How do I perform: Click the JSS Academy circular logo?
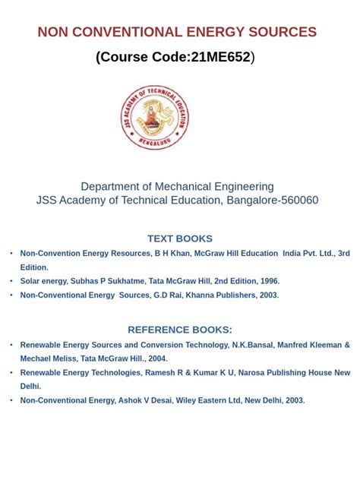(x=154, y=117)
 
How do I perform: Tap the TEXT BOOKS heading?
(x=180, y=238)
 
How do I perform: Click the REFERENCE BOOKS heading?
(x=180, y=330)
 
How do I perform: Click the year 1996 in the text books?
(x=267, y=281)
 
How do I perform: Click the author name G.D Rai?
(x=168, y=295)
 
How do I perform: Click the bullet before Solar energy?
(x=11, y=281)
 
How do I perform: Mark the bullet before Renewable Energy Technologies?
(x=11, y=373)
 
